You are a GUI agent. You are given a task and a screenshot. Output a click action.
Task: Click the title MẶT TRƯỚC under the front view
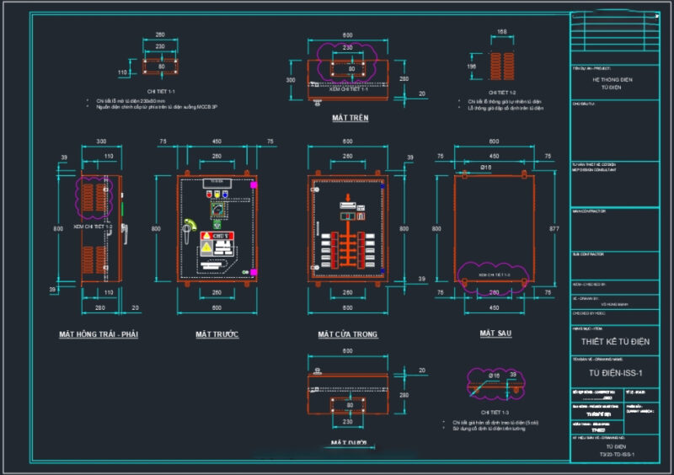click(217, 334)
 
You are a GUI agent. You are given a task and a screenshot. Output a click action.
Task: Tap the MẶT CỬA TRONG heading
click(347, 334)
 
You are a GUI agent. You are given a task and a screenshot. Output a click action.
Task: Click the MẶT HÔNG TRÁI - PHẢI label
click(98, 334)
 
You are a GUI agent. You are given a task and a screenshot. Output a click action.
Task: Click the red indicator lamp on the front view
click(210, 194)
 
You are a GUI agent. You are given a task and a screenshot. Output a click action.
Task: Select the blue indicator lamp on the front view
click(225, 194)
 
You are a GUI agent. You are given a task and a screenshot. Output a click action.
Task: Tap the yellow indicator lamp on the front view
click(217, 194)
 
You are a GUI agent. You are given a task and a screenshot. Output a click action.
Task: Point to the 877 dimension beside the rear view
click(553, 228)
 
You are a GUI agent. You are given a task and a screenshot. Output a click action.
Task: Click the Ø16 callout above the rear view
click(486, 168)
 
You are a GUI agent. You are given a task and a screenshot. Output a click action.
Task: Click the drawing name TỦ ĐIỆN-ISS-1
click(615, 373)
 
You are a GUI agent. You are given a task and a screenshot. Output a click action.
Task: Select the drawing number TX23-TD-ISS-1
click(616, 455)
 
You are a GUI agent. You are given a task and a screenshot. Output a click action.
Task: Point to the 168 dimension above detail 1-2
click(502, 32)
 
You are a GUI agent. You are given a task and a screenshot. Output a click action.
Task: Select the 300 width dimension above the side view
click(101, 141)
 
